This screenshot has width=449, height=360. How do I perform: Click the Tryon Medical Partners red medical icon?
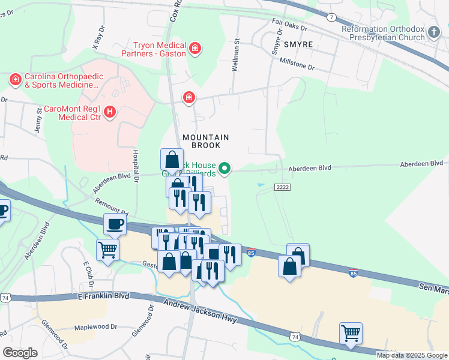[x=194, y=47]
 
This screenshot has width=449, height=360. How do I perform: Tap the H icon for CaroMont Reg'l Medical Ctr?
[x=109, y=112]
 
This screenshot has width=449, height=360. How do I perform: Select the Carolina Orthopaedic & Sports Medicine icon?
[x=15, y=79]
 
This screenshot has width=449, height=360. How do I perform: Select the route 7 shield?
[x=331, y=17]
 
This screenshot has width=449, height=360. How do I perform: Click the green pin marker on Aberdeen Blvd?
[x=224, y=169]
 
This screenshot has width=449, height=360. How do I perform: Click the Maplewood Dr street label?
[x=95, y=327]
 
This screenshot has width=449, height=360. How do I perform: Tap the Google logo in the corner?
[x=20, y=353]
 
